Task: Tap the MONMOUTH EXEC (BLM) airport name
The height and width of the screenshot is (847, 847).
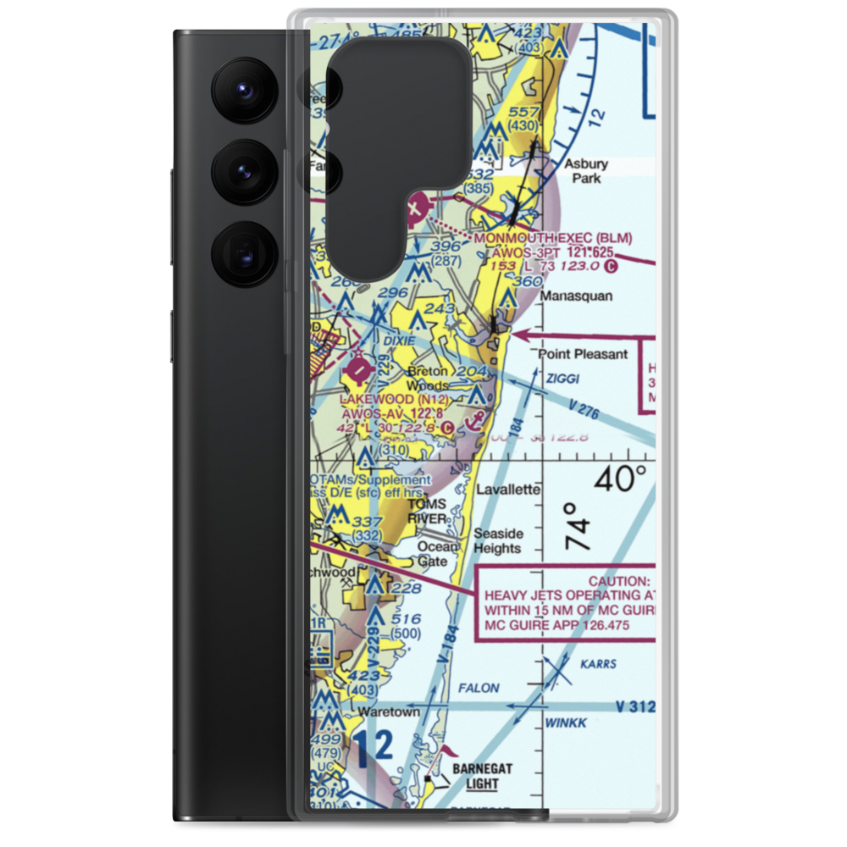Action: [x=553, y=239]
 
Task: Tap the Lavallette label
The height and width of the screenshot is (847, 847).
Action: [x=508, y=490]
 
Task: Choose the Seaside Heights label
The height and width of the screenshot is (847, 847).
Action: [x=497, y=541]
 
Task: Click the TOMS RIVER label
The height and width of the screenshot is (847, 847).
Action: [x=426, y=511]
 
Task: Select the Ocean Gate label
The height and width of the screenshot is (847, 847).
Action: [x=437, y=554]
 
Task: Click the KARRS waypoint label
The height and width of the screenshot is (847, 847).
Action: [x=599, y=664]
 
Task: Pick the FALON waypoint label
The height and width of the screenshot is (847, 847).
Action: [x=480, y=689]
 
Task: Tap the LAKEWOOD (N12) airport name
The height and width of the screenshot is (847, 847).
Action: [x=377, y=399]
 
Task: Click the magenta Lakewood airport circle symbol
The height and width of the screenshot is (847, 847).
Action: [x=359, y=371]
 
